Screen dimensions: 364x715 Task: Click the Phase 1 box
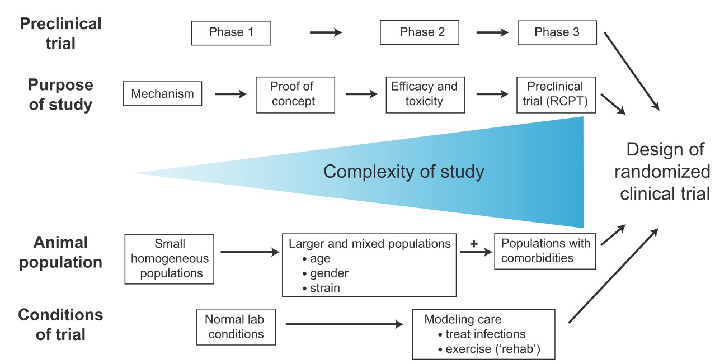231,32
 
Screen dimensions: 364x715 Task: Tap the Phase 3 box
557,32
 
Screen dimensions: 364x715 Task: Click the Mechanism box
162,93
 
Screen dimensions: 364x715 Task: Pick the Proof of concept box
295,94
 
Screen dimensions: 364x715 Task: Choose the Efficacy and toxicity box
424,94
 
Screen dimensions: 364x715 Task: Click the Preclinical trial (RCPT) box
556,94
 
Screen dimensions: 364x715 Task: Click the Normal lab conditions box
234,327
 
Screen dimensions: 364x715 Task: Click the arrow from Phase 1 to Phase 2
326,32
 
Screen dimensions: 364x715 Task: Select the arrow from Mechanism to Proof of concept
230,94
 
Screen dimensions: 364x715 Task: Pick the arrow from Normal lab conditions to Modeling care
344,323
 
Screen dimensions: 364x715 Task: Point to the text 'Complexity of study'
403,171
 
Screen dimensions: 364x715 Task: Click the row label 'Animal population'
60,252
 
